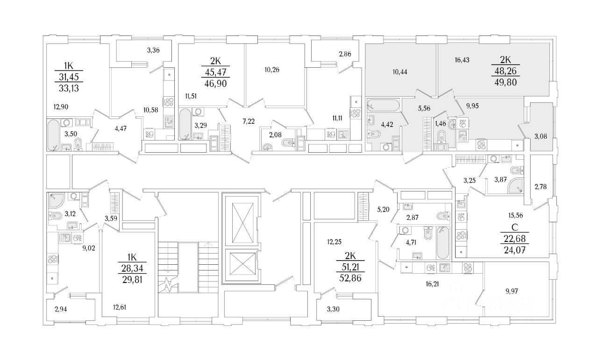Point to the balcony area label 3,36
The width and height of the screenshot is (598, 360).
point(154,50)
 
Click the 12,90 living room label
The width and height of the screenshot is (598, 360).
point(61,106)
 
